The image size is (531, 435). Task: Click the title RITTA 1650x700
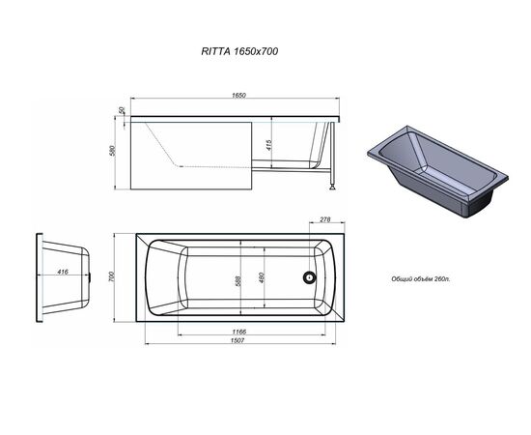(239, 51)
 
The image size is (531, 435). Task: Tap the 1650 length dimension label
(238, 96)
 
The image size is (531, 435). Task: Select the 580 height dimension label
(112, 151)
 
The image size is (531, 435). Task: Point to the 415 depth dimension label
(269, 145)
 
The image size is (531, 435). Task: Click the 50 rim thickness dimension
(122, 110)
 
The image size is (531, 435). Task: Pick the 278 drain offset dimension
(324, 219)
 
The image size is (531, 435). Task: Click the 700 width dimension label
(112, 276)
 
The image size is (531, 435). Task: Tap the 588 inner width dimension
(238, 280)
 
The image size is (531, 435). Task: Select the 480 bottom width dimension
(261, 278)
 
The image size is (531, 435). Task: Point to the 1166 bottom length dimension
(239, 332)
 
